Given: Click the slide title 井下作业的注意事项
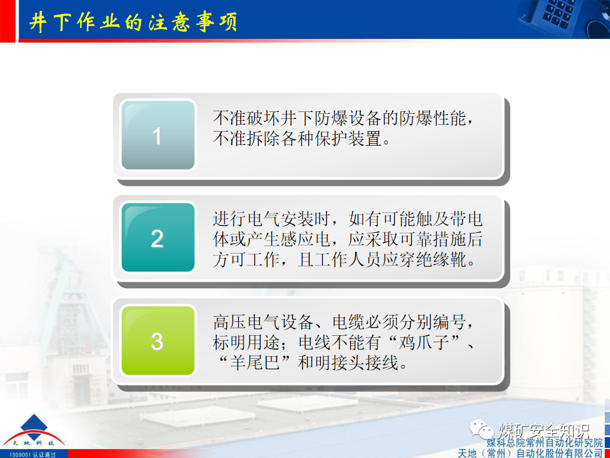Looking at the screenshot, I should pos(133,22).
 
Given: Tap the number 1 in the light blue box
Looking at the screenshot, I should pos(158,136).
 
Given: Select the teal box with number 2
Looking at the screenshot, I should pos(158,239).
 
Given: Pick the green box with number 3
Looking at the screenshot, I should pos(158,342).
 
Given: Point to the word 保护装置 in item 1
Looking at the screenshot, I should pos(356,138).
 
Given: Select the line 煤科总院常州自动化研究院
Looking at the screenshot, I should pos(545,442).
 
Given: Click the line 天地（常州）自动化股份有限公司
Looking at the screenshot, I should pos(531,453).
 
